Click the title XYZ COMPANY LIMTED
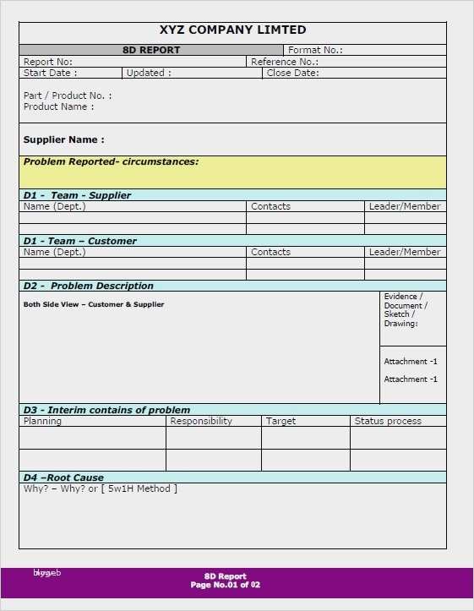point(232,30)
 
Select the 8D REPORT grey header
point(151,50)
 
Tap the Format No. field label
point(315,50)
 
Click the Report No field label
point(48,62)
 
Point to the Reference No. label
point(284,62)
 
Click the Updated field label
point(149,73)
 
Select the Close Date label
point(292,73)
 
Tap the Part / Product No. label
point(68,95)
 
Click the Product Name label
point(58,106)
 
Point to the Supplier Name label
point(64,139)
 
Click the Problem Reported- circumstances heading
point(111,161)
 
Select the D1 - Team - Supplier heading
point(77,195)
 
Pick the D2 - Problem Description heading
point(89,286)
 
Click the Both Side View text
point(94,304)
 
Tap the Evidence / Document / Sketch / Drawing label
point(406,310)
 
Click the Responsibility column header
point(201,421)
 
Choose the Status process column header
point(388,421)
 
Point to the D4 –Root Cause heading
point(63,477)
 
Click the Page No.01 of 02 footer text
point(226,585)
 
